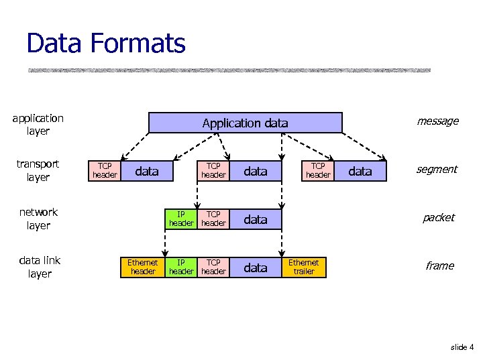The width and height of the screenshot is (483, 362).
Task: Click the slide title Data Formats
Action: (106, 44)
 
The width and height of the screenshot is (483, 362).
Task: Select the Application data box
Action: (245, 123)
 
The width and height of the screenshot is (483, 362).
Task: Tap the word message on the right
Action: (437, 121)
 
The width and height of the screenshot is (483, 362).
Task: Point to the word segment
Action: (437, 170)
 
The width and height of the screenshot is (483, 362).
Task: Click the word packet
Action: (438, 218)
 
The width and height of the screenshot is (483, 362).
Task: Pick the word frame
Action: (439, 266)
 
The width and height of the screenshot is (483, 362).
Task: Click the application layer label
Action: (38, 125)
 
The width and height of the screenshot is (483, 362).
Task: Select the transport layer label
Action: (38, 170)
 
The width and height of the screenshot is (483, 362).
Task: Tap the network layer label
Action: (38, 219)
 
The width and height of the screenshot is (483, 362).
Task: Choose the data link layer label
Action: (40, 267)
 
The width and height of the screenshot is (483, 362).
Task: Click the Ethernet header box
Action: (143, 267)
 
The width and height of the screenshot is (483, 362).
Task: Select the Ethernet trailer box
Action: (304, 267)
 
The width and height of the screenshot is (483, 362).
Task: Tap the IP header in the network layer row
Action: (181, 219)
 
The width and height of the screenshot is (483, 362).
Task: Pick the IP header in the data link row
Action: (181, 267)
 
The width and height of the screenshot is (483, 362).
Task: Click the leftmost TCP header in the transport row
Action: (105, 171)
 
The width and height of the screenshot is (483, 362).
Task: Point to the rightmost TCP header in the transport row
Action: (318, 171)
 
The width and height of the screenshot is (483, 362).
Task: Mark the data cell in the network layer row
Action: (255, 219)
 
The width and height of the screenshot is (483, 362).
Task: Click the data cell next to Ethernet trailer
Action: (255, 267)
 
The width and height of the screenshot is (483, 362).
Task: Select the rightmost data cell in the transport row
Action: (360, 171)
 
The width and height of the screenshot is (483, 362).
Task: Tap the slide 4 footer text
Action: (462, 347)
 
